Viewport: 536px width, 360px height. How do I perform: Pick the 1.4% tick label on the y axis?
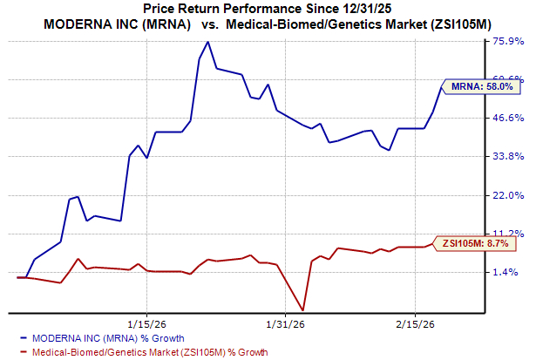point(509,272)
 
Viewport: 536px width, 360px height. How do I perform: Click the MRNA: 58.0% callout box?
point(481,86)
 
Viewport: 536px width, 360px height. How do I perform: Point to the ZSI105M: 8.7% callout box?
point(476,244)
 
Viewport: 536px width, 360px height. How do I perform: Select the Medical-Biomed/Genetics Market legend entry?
point(143,351)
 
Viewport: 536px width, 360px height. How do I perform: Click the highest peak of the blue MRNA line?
point(207,42)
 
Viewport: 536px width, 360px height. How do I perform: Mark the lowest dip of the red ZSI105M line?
point(302,309)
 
